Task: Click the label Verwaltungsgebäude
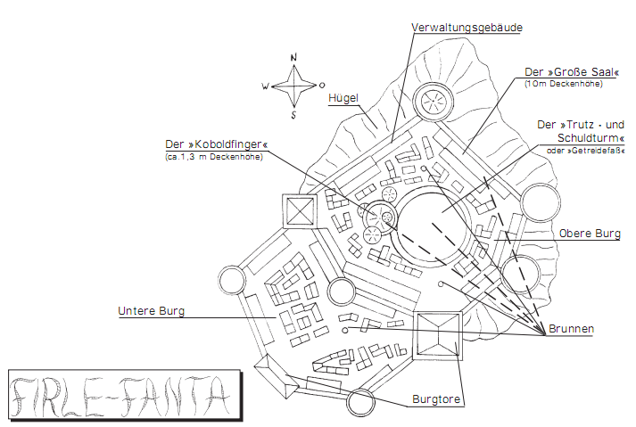[x=467, y=28]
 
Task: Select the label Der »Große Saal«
[x=562, y=73]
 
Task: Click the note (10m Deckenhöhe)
[x=564, y=85]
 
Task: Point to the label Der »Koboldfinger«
[x=217, y=144]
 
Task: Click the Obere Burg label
[x=590, y=234]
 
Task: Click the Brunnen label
[x=573, y=329]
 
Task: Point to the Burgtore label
[x=436, y=399]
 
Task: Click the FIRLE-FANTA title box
[x=125, y=393]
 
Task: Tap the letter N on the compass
[x=294, y=57]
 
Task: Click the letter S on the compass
[x=293, y=115]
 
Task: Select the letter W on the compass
[x=265, y=86]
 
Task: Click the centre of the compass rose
[x=293, y=86]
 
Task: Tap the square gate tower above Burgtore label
[x=439, y=335]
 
